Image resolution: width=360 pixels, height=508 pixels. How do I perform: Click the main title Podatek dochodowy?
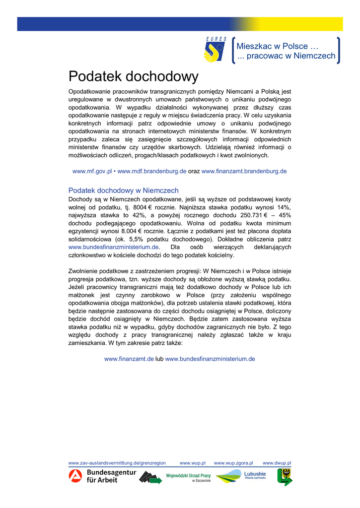133,77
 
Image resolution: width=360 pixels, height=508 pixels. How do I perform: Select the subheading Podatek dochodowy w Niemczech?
123,190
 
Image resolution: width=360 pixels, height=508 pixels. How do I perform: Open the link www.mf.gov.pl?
92,171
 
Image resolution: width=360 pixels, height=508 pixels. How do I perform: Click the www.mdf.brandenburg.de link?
151,171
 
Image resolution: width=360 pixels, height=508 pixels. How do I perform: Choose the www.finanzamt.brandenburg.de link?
244,171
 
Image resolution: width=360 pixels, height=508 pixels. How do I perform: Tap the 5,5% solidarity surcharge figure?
129,239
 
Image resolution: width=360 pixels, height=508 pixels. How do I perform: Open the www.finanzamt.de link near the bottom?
129,359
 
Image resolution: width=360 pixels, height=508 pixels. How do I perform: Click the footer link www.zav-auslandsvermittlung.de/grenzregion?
117,463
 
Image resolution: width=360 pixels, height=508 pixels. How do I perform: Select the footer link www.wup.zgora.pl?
233,463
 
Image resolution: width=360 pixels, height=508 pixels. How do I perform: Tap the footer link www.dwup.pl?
277,463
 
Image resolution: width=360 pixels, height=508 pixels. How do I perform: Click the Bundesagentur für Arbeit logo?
102,476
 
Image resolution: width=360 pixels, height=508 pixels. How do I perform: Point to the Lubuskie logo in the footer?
241,476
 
